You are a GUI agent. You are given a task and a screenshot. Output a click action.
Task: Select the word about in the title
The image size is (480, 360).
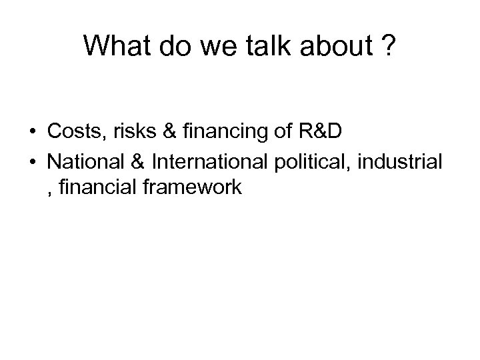click(x=329, y=46)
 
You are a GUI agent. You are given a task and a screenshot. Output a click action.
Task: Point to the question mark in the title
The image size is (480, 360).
click(x=387, y=46)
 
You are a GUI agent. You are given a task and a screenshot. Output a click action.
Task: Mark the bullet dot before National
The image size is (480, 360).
click(x=33, y=161)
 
